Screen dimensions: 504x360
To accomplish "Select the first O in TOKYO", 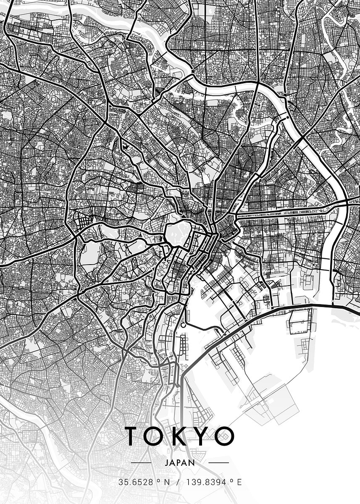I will tap(155, 436).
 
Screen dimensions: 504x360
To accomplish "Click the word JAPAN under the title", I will tap(180, 463).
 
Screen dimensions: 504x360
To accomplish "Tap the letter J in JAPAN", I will tap(167, 463).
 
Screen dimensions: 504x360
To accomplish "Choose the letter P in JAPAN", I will tap(180, 463).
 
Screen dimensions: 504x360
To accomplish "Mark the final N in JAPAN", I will tap(192, 463).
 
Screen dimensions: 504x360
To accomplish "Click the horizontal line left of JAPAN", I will tap(141, 463).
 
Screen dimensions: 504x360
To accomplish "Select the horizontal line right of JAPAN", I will tap(219, 463).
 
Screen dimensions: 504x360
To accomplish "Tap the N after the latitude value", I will tap(167, 483).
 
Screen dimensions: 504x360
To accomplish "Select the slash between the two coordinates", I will tap(178, 483).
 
